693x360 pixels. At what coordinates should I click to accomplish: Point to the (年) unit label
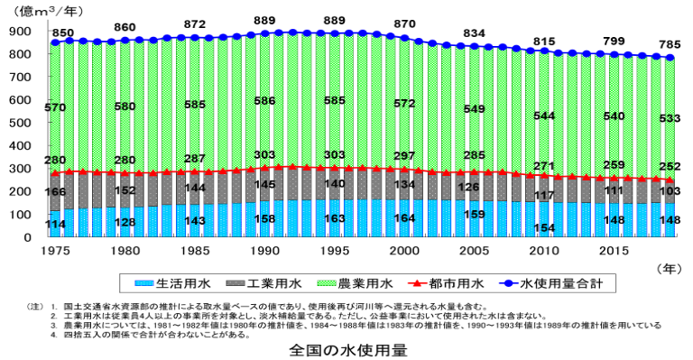pyautogui.click(x=670, y=268)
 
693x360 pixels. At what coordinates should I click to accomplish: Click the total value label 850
pyautogui.click(x=63, y=33)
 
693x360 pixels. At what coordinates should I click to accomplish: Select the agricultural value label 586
pyautogui.click(x=265, y=102)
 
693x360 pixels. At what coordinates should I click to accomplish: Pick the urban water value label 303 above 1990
pyautogui.click(x=265, y=155)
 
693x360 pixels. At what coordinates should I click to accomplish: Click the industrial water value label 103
pyautogui.click(x=668, y=190)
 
